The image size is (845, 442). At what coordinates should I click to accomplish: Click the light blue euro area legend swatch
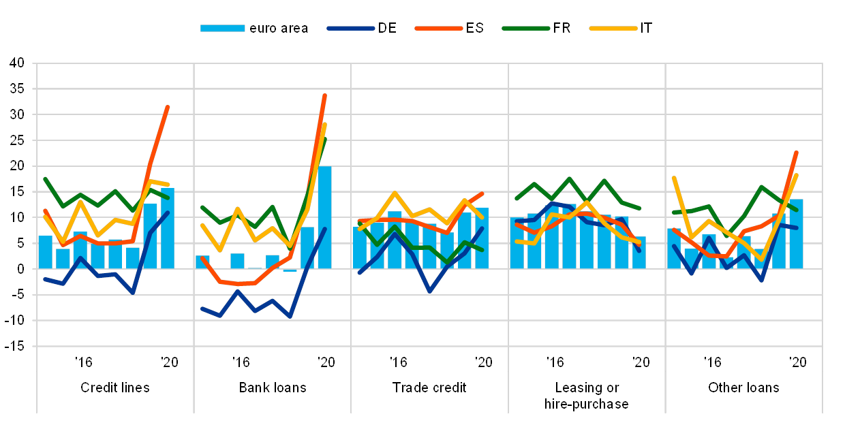tap(222, 28)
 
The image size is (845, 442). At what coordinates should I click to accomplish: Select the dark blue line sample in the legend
tap(351, 28)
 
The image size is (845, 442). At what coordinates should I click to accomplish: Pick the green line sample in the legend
tap(526, 28)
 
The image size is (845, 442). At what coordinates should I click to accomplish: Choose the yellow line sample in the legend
tap(613, 28)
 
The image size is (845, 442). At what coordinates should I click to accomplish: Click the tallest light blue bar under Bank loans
tap(324, 217)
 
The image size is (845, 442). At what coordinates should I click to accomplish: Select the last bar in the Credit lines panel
tap(168, 228)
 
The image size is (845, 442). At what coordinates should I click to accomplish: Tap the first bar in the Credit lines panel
tap(45, 252)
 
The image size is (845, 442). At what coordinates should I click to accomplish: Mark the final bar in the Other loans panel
tap(796, 234)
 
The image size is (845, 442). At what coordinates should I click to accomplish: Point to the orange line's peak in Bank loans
tap(325, 95)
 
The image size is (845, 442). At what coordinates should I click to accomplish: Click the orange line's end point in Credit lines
tap(168, 107)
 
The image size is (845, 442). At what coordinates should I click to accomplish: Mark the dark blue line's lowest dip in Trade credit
tap(429, 291)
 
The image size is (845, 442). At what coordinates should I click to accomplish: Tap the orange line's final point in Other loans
tap(796, 153)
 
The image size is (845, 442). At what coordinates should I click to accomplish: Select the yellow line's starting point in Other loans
tap(673, 177)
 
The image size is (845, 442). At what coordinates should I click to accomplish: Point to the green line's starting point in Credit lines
tap(45, 178)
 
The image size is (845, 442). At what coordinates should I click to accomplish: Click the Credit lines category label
tap(115, 388)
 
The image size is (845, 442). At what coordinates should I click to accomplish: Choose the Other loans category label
tap(743, 388)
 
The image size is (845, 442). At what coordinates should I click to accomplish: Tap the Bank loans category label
tap(273, 388)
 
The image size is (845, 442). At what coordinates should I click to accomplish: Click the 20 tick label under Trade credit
tap(483, 362)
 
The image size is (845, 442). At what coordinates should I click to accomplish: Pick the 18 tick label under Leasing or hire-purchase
tap(555, 362)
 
